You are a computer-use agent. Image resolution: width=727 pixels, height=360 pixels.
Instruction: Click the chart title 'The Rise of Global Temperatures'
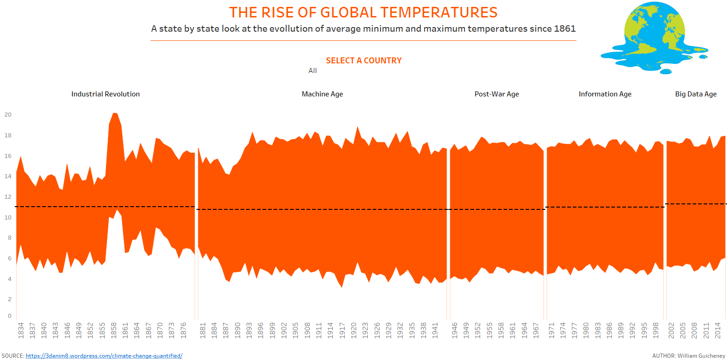pyautogui.click(x=363, y=12)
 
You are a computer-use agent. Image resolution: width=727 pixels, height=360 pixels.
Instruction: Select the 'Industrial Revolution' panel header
pyautogui.click(x=106, y=94)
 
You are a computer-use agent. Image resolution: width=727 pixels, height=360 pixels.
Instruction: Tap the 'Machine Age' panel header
pyautogui.click(x=322, y=94)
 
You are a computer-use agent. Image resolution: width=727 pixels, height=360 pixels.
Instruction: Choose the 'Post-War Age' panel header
pyautogui.click(x=497, y=94)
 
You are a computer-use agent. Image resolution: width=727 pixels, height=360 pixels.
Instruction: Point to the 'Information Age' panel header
pyautogui.click(x=605, y=94)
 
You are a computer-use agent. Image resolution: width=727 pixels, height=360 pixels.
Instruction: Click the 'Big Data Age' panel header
pyautogui.click(x=696, y=94)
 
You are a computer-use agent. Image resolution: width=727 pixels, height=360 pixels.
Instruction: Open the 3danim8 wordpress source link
pyautogui.click(x=104, y=356)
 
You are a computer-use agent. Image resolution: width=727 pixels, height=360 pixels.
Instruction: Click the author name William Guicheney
pyautogui.click(x=701, y=356)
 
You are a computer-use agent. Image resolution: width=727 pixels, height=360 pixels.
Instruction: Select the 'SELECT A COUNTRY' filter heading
pyautogui.click(x=363, y=61)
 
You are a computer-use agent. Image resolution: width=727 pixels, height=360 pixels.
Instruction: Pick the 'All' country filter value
pyautogui.click(x=313, y=71)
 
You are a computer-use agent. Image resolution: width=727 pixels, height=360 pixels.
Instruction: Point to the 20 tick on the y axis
pyautogui.click(x=8, y=115)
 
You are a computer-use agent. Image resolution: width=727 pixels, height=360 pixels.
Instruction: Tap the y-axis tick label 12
pyautogui.click(x=8, y=197)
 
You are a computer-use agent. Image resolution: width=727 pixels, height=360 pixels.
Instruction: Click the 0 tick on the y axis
pyautogui.click(x=9, y=316)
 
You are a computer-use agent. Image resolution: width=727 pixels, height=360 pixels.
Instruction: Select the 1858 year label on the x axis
pyautogui.click(x=113, y=330)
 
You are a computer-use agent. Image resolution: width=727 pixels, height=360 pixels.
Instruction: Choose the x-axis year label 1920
pyautogui.click(x=353, y=330)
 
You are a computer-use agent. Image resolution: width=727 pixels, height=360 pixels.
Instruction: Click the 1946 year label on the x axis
pyautogui.click(x=454, y=330)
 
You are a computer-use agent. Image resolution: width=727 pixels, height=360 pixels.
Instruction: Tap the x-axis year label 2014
pyautogui.click(x=718, y=330)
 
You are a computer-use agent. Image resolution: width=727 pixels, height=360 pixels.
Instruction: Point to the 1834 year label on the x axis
pyautogui.click(x=21, y=330)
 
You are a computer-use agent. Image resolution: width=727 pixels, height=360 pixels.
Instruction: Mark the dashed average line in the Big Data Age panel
pyautogui.click(x=695, y=204)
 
